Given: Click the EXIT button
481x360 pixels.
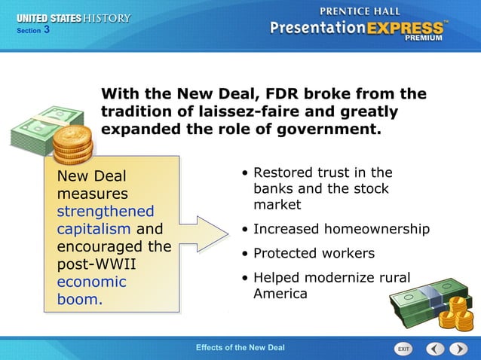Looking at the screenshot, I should coord(404,349).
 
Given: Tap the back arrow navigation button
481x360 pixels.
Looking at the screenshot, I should coord(435,349).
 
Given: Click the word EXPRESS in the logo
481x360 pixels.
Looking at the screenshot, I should coord(405,28).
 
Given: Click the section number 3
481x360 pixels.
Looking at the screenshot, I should coord(47,30).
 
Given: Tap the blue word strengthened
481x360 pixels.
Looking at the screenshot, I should coord(106,212).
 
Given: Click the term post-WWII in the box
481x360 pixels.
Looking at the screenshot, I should coord(91,264).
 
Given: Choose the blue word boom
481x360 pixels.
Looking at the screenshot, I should coord(80,300).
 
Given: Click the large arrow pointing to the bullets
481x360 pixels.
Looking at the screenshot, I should coord(204,233).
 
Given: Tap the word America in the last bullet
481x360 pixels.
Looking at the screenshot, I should coord(280,294).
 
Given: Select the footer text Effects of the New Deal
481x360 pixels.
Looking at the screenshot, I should coord(240,347).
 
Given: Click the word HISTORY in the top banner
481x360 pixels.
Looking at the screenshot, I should coord(104,18).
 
